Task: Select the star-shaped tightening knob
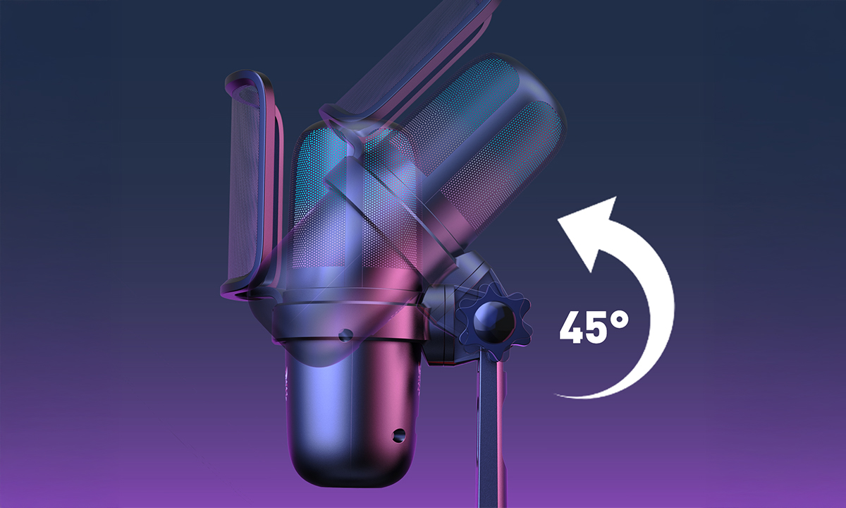click(x=494, y=320)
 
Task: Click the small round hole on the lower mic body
click(x=398, y=435)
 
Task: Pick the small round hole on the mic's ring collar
click(x=345, y=334)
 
